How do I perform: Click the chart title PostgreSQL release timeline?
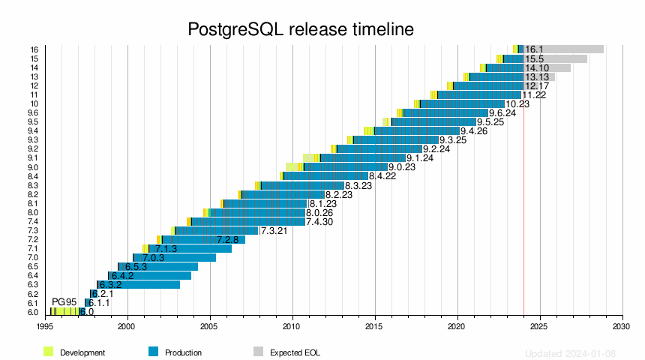coord(300,29)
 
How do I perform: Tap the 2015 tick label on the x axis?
coord(375,327)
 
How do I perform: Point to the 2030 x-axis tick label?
coord(622,327)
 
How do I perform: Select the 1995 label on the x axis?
coord(45,327)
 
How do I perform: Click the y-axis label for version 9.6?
coord(34,113)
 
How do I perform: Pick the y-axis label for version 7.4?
coord(34,222)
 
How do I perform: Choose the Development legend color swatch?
coord(49,352)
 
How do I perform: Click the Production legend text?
coord(183,352)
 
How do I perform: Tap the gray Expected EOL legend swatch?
coord(258,352)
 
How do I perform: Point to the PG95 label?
coord(64,302)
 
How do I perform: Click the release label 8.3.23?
coord(358,185)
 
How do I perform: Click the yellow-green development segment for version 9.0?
coord(294,167)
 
